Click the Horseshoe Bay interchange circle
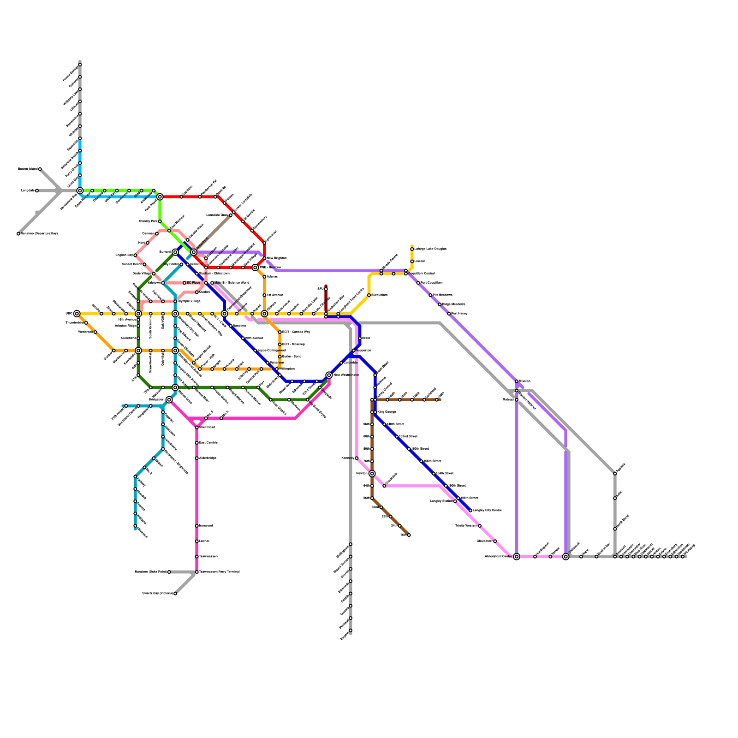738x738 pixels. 80,190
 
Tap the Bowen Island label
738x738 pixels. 28,169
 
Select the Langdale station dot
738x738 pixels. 37,190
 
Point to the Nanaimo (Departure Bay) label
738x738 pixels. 39,234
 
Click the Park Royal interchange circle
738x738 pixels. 160,197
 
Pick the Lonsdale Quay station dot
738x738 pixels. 231,215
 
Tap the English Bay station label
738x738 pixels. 124,255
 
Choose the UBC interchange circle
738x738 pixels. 77,314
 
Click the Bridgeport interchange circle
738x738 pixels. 169,399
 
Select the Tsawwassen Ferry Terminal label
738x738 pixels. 220,572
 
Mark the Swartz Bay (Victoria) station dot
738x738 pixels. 175,594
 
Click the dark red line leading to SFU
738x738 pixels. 326,300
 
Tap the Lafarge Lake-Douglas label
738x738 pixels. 430,249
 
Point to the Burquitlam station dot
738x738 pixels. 369,295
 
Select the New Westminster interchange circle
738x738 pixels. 329,375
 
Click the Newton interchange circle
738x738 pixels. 372,474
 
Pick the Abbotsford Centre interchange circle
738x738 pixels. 517,557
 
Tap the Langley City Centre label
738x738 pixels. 487,511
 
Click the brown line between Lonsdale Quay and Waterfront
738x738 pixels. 212,234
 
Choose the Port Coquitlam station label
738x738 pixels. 432,283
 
